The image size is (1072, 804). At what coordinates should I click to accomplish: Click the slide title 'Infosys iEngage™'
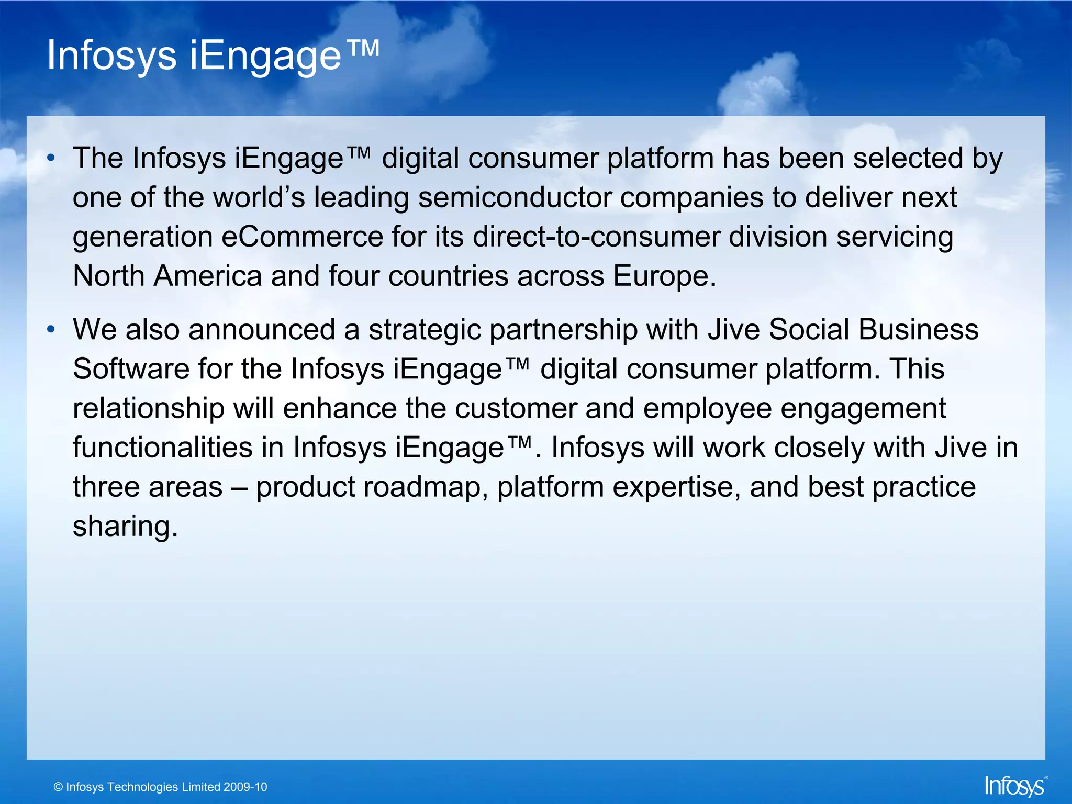coord(213,55)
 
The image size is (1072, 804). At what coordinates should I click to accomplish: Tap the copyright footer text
coord(160,787)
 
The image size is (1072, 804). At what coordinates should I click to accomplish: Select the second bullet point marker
coord(50,329)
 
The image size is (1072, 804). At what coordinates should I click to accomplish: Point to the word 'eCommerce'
coord(303,237)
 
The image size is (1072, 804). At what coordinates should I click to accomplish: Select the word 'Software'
coord(131,369)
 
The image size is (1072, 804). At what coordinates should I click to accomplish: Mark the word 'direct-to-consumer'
coord(597,237)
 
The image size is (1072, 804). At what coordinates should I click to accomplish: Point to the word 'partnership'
coord(563,330)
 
